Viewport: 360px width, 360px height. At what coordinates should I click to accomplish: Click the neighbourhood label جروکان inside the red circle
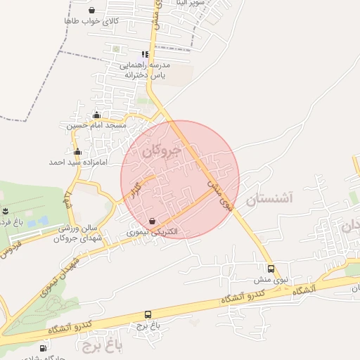click(x=161, y=150)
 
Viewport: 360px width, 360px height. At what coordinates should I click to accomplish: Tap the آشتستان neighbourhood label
click(x=269, y=199)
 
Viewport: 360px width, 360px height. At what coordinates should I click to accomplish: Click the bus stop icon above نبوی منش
click(x=271, y=269)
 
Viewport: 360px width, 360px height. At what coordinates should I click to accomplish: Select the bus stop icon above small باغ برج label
click(x=148, y=314)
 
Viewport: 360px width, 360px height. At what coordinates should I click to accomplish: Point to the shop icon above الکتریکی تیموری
click(x=152, y=220)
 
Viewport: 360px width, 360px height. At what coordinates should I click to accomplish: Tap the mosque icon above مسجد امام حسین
click(x=96, y=115)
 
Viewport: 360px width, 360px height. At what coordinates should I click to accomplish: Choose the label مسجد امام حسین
click(x=96, y=125)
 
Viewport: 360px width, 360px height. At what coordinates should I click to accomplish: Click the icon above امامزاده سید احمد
click(x=77, y=152)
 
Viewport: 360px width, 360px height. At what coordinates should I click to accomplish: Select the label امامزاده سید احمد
click(x=77, y=162)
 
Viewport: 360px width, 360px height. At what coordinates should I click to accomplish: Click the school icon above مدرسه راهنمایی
click(x=145, y=54)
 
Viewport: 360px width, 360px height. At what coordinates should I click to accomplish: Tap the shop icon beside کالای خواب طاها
click(x=93, y=11)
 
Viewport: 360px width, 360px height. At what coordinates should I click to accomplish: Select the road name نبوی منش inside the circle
click(x=219, y=193)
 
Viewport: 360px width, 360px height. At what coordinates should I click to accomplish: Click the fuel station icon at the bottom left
click(x=44, y=347)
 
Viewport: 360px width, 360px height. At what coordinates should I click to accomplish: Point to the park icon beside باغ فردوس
click(x=6, y=211)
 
